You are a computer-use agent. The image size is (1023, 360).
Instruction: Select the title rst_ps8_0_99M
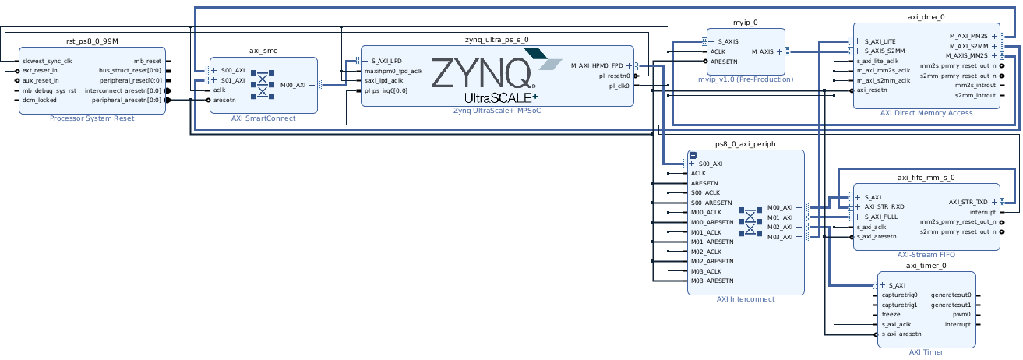[x=92, y=41]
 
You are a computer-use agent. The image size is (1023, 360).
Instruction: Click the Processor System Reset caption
[x=92, y=118]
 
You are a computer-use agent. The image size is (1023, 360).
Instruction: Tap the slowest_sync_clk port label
[x=48, y=61]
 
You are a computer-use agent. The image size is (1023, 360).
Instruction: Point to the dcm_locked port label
[x=40, y=100]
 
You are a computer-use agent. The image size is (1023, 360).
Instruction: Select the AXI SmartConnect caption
[x=263, y=118]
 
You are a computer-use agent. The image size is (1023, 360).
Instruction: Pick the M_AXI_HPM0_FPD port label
[x=597, y=66]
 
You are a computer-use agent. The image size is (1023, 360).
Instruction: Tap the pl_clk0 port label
[x=619, y=86]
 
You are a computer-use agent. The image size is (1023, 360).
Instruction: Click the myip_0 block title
[x=746, y=23]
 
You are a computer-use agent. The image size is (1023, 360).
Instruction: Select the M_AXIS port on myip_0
[x=762, y=51]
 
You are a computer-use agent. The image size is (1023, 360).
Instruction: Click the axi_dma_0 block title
[x=926, y=16]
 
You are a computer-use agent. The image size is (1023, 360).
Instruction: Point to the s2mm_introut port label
[x=975, y=95]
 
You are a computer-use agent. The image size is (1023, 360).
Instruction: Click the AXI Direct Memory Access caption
[x=926, y=113]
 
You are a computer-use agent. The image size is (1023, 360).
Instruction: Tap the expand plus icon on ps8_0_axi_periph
[x=692, y=155]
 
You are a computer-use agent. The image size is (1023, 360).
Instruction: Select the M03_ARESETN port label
[x=712, y=281]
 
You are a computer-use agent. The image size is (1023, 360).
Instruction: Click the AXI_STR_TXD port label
[x=968, y=202]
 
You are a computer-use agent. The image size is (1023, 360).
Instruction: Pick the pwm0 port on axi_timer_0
[x=961, y=314]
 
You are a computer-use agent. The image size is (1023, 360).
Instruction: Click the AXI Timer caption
[x=926, y=352]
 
